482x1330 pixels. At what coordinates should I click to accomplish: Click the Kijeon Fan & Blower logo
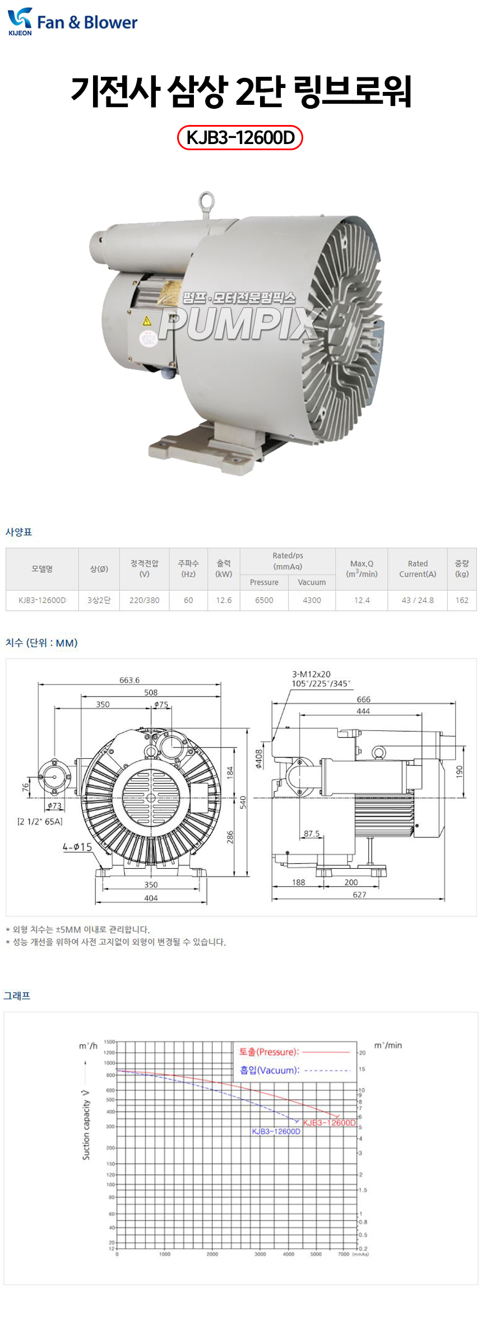tap(72, 22)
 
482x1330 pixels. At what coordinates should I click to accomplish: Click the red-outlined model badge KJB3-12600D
tap(240, 138)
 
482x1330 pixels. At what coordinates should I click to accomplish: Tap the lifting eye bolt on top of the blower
tap(206, 201)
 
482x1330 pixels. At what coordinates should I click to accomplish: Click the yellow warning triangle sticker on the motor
tap(147, 321)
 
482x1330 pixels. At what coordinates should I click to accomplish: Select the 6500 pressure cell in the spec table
tap(264, 600)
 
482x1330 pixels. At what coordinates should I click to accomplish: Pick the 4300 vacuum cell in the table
tap(312, 600)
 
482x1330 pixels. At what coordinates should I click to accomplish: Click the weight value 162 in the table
tap(462, 600)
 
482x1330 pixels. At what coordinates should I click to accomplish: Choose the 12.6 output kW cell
tap(224, 600)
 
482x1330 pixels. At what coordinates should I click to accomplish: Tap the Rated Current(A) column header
tap(418, 569)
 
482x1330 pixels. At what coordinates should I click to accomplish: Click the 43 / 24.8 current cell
tap(418, 600)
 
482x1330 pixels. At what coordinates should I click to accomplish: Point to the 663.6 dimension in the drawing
tap(129, 680)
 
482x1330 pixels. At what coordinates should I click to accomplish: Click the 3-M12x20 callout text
tap(311, 674)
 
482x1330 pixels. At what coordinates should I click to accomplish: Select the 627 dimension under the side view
tap(359, 895)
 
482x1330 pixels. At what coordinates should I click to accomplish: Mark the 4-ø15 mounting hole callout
tap(77, 847)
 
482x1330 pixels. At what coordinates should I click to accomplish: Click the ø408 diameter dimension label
tap(259, 759)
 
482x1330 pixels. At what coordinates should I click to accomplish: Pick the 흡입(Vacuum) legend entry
tap(270, 1071)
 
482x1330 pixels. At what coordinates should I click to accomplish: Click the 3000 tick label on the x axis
tap(260, 1254)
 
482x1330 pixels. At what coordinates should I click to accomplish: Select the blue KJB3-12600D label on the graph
tap(276, 1132)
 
